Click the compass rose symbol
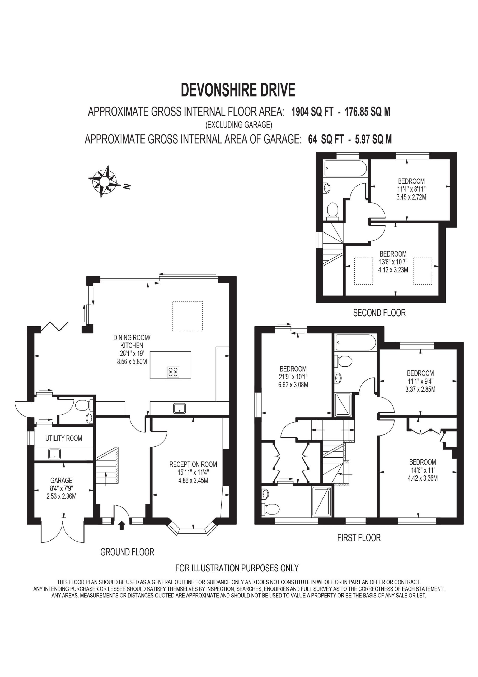[104, 181]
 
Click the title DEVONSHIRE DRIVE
[238, 90]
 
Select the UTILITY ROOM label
[64, 438]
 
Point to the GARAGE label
[61, 481]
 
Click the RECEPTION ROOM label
[193, 464]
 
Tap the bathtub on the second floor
[345, 168]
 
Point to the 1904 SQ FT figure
[312, 112]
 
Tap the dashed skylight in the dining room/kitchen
[188, 316]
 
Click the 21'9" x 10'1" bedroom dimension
[293, 377]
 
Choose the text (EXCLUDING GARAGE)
[239, 125]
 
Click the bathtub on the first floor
[355, 343]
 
